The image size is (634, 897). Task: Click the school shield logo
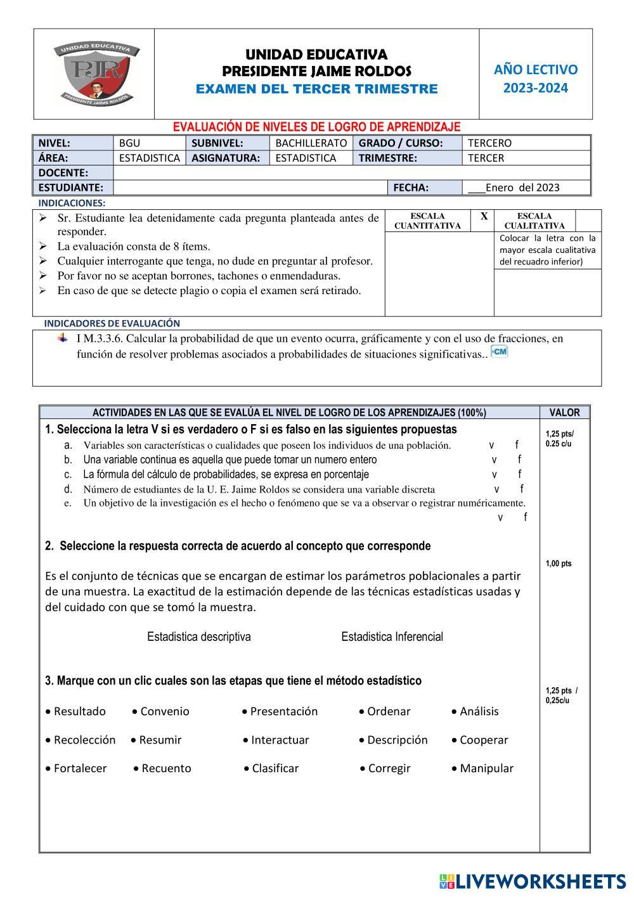tap(96, 74)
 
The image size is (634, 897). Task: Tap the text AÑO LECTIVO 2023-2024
tap(536, 79)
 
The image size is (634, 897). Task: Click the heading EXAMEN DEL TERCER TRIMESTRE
tap(316, 89)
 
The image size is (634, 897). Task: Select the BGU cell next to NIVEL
tap(129, 143)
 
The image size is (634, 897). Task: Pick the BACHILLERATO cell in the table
tap(311, 143)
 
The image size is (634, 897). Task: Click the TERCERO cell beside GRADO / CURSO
tap(489, 143)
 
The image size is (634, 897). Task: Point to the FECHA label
tap(411, 188)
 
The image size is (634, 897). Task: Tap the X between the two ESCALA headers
tap(484, 217)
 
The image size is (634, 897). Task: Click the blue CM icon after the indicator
tap(500, 352)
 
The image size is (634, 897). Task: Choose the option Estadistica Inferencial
tap(392, 636)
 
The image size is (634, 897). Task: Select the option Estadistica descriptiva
tap(198, 636)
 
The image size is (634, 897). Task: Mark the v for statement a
tap(491, 445)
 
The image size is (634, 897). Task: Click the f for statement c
tap(519, 474)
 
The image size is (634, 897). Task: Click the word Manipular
tap(486, 768)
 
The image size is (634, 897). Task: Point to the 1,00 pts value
tap(558, 564)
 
